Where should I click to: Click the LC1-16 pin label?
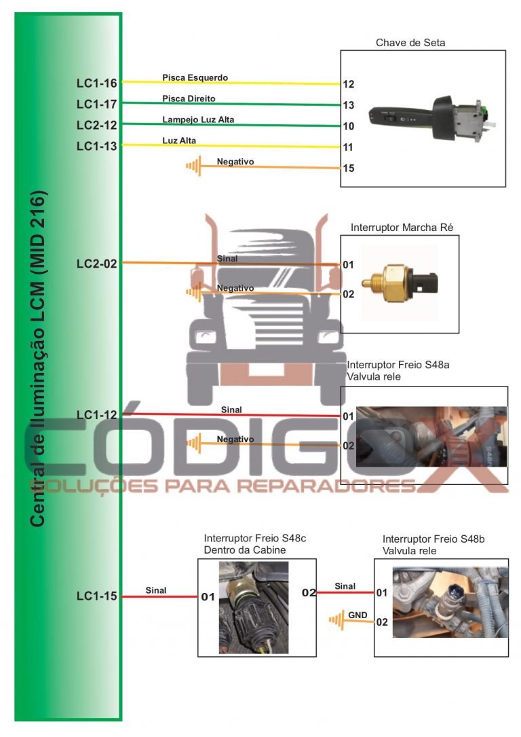click(x=96, y=84)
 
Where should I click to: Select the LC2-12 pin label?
click(x=96, y=125)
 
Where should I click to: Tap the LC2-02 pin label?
click(x=96, y=264)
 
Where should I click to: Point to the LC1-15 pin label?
click(x=96, y=596)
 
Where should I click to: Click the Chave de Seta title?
click(x=410, y=43)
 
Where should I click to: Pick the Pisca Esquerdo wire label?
click(x=195, y=77)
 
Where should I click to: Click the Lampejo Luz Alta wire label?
click(x=198, y=120)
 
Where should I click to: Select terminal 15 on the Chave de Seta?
click(x=349, y=168)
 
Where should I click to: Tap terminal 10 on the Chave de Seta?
click(x=349, y=126)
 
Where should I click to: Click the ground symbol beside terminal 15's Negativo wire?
click(x=195, y=165)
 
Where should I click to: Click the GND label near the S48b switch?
click(x=358, y=615)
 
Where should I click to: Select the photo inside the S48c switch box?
click(x=253, y=607)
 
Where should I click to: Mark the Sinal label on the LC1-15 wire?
click(x=155, y=590)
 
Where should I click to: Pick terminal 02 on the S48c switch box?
click(x=309, y=593)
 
